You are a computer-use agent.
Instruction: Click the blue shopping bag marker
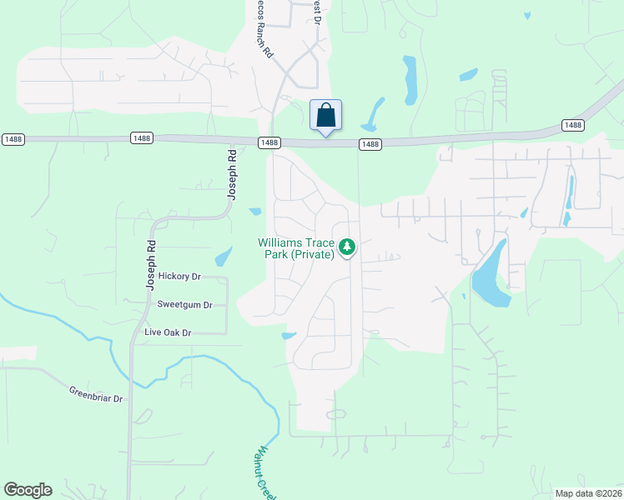click(325, 116)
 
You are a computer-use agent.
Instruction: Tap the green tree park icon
click(348, 247)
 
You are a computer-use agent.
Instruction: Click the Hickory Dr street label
click(179, 276)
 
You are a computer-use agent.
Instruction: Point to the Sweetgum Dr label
click(184, 305)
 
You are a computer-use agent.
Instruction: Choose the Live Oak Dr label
click(168, 332)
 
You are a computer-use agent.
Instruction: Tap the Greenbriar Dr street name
click(96, 393)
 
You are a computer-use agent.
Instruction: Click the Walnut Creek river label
click(265, 472)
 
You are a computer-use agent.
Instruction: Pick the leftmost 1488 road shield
click(13, 137)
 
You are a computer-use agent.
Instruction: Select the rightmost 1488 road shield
click(572, 125)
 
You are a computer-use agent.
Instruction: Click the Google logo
click(28, 490)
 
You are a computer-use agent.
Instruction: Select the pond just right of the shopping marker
click(373, 115)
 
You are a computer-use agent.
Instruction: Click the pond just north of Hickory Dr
click(223, 256)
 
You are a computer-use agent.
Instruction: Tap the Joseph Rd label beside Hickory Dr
click(151, 265)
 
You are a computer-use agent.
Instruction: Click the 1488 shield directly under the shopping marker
click(370, 144)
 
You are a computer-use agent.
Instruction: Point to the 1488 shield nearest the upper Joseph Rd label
click(269, 142)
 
